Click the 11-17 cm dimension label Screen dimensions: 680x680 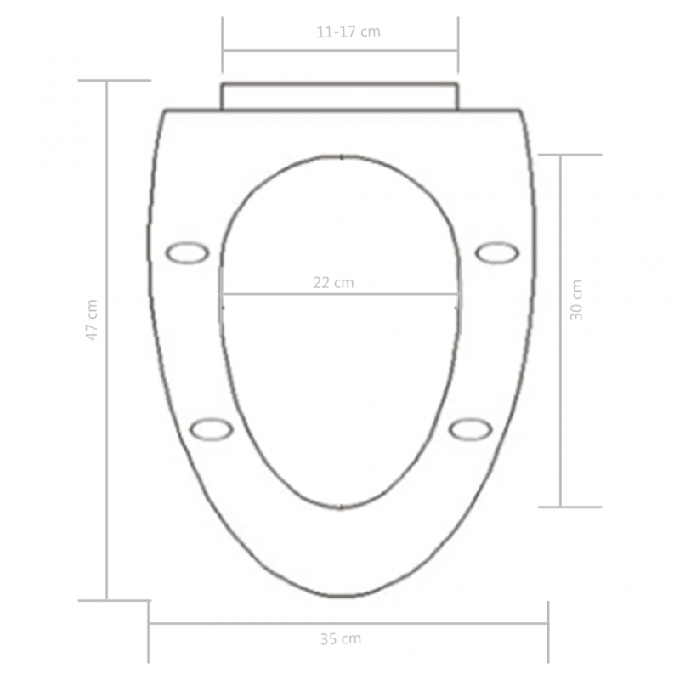348,32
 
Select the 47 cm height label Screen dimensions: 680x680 92,320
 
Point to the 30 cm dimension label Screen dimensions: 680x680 576,300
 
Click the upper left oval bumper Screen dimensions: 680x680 186,252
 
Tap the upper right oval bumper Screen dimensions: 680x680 496,252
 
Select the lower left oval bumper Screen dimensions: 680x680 211,429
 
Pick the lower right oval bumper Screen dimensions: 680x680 470,429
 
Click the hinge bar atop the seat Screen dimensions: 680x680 340,96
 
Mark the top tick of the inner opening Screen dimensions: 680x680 341,156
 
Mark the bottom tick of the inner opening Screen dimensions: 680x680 341,507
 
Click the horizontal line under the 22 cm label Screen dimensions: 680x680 340,295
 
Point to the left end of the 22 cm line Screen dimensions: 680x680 223,295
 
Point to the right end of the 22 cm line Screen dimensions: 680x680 458,295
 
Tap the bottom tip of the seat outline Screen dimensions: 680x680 341,597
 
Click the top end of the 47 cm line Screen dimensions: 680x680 106,81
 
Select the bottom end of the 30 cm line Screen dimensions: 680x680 561,507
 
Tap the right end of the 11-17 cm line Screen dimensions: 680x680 458,50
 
